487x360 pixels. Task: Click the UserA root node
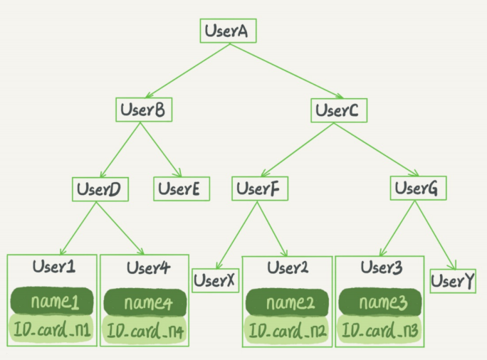(x=227, y=31)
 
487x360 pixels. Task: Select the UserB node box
(x=145, y=110)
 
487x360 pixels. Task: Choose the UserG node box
(x=419, y=189)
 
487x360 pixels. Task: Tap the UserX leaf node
(x=214, y=280)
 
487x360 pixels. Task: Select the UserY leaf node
(x=453, y=280)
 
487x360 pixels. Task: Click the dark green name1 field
(x=52, y=302)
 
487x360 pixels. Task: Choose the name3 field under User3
(x=381, y=303)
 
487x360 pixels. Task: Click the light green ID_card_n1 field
(x=52, y=329)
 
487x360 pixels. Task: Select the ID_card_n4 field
(x=145, y=331)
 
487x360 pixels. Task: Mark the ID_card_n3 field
(x=381, y=331)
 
